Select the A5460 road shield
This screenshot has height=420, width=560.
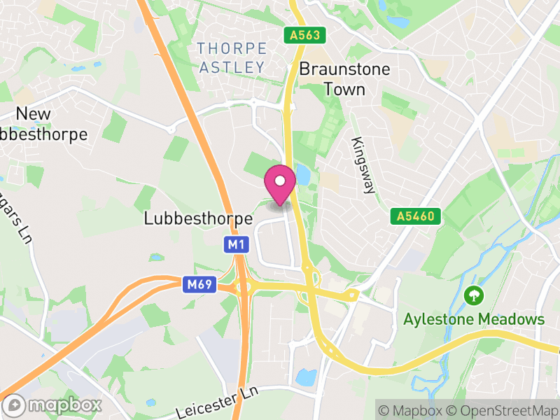pyautogui.click(x=416, y=217)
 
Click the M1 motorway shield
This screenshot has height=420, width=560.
pyautogui.click(x=236, y=244)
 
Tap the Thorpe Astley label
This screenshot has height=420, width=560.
pyautogui.click(x=232, y=58)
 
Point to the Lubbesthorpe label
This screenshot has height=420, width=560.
pyautogui.click(x=198, y=218)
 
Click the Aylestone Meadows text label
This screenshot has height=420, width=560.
pyautogui.click(x=474, y=319)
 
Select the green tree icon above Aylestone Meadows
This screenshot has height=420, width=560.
pyautogui.click(x=474, y=295)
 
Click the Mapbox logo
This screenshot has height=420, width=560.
pyautogui.click(x=53, y=405)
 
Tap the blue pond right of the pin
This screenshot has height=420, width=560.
pyautogui.click(x=303, y=175)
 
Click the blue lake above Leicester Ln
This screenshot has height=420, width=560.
pyautogui.click(x=306, y=377)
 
